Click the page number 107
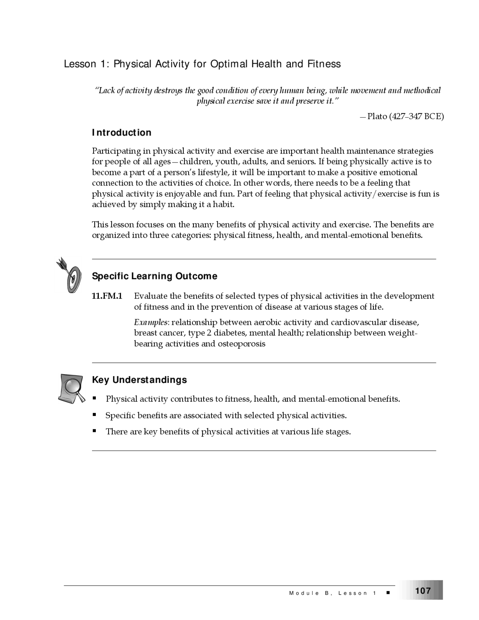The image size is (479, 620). click(x=423, y=590)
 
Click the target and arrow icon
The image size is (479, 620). click(x=70, y=275)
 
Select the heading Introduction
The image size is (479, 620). click(x=122, y=133)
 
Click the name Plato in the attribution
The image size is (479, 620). click(x=377, y=116)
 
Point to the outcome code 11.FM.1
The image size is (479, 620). click(x=107, y=296)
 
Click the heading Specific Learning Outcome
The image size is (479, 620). click(x=155, y=276)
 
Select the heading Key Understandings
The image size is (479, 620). click(x=139, y=380)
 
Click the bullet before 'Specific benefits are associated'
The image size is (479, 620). click(x=95, y=415)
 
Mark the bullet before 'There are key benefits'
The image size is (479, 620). click(x=95, y=431)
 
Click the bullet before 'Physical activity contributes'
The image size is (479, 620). click(x=95, y=398)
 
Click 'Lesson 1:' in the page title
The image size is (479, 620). click(x=86, y=64)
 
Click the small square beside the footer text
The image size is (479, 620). click(x=388, y=593)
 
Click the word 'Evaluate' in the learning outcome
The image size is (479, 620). click(x=151, y=296)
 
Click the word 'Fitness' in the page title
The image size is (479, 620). click(x=324, y=64)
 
